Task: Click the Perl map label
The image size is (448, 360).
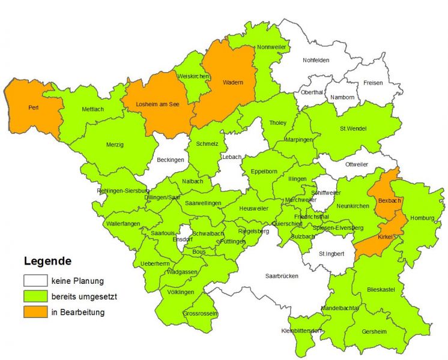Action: coord(34,108)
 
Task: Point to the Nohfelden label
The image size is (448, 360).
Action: coord(317,60)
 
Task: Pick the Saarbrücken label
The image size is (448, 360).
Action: coord(282,276)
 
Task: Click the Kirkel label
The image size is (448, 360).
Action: coord(385,238)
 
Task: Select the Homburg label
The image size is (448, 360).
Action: coord(422,218)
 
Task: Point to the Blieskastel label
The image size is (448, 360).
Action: coord(380,290)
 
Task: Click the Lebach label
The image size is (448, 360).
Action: coord(231,157)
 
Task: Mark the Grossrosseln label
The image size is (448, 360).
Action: coord(201,314)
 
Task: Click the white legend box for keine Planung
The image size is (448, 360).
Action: coord(35,280)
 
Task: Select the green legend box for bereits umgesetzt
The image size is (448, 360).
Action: coord(35,296)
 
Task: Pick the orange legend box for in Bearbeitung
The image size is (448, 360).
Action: coord(35,312)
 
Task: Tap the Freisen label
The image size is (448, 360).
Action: coord(372,83)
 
